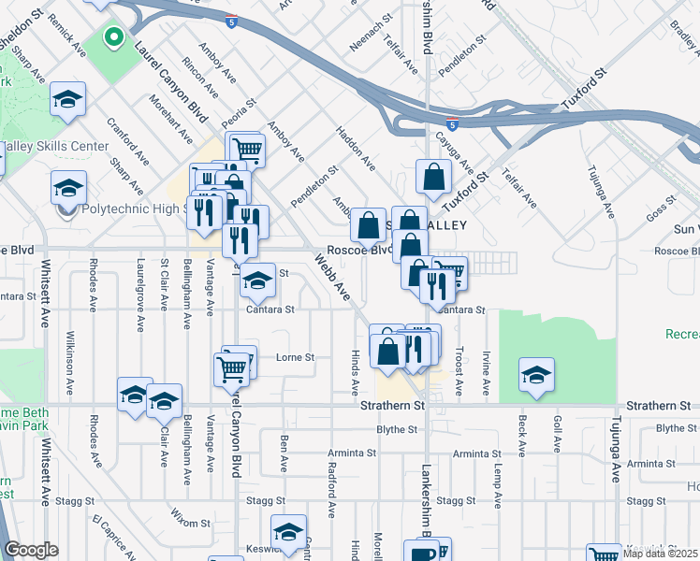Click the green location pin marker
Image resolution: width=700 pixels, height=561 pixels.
click(112, 38)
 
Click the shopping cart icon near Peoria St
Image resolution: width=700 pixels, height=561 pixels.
click(246, 149)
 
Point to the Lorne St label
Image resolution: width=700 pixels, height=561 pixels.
click(296, 357)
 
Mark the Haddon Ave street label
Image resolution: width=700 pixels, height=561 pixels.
click(356, 150)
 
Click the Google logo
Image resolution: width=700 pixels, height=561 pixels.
click(31, 549)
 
